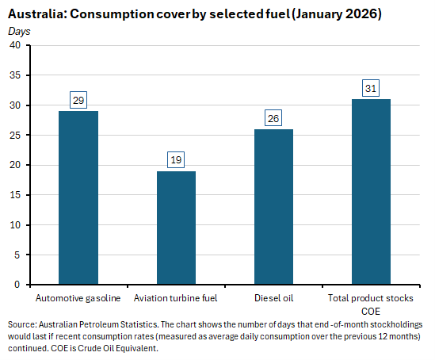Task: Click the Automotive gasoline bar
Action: tap(78, 197)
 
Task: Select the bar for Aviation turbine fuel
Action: tap(176, 228)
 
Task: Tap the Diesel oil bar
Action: tap(273, 206)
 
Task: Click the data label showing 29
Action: tap(78, 100)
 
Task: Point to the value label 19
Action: tap(176, 160)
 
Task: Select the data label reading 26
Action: tap(273, 118)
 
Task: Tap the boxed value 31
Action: tap(370, 88)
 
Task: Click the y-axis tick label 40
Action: tap(15, 45)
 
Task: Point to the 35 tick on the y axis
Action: tap(15, 75)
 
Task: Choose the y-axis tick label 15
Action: tap(15, 194)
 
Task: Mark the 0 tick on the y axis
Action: tap(18, 284)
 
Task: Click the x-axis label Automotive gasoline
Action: tap(78, 298)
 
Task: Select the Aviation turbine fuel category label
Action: tap(176, 298)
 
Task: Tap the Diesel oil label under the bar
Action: tap(273, 298)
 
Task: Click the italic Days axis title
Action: tap(19, 30)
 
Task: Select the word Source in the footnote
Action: tap(21, 325)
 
